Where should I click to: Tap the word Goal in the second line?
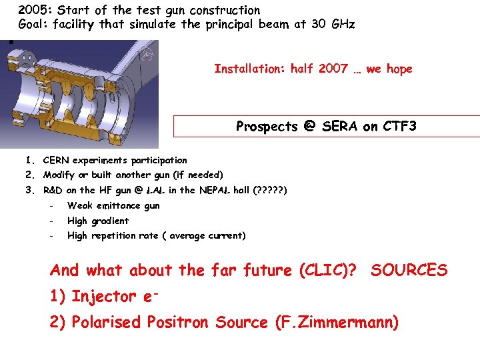pyautogui.click(x=32, y=25)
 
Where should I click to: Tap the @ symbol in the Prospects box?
pyautogui.click(x=308, y=126)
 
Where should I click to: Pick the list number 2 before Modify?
pyautogui.click(x=30, y=175)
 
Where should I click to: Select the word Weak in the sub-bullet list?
pyautogui.click(x=80, y=205)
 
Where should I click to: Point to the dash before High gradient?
pyautogui.click(x=50, y=221)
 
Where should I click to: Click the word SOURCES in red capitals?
pyautogui.click(x=409, y=270)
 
